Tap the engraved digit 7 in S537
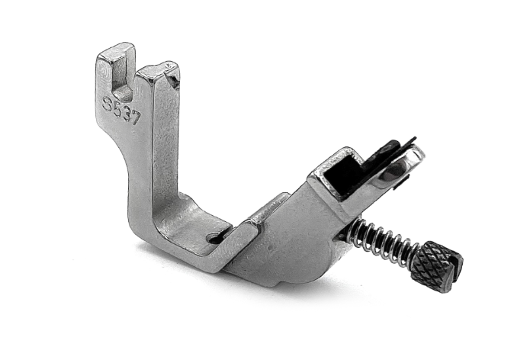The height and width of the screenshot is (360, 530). tap(135, 119)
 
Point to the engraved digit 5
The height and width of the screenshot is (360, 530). tap(117, 108)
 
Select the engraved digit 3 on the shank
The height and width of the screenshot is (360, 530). tap(126, 114)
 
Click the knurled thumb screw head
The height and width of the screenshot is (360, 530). tap(437, 266)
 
